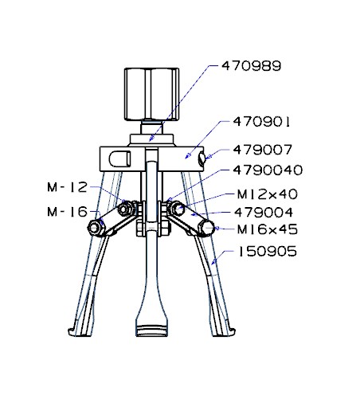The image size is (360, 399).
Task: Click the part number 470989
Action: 251,66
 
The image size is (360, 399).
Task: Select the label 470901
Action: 261,122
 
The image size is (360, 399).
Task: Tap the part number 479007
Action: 262,150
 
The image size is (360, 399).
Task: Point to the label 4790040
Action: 268,170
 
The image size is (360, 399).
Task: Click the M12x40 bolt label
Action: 268,194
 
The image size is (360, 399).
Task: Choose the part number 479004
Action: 264,213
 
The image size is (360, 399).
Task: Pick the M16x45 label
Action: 268,229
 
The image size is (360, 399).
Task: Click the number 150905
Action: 268,252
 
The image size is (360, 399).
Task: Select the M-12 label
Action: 68,187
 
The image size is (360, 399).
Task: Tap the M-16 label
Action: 68,212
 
